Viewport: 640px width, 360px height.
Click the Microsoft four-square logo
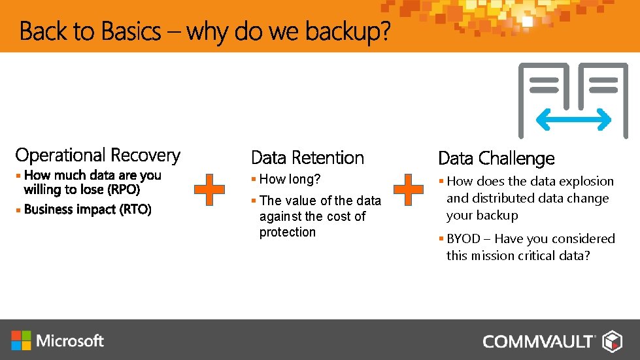21,340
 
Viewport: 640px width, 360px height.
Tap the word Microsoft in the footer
71,340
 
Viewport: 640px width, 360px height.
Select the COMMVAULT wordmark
539,341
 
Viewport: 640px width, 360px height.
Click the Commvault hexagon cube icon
612,341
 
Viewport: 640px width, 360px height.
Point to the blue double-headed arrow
573,119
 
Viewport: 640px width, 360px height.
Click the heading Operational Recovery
97,155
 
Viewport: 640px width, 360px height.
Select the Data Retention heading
307,157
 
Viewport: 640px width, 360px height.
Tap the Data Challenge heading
496,158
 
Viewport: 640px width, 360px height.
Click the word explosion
587,182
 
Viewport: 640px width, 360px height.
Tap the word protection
287,233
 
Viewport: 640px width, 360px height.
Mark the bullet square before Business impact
19,210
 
